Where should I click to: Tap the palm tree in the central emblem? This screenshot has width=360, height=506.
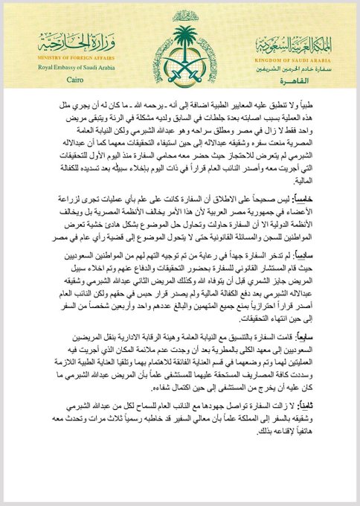181,41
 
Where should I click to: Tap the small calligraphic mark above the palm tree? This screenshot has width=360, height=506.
181,14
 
